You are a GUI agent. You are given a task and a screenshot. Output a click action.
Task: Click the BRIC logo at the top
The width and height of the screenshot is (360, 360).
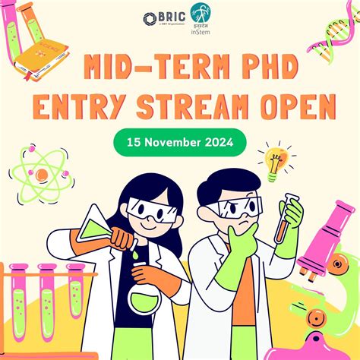(x=162, y=18)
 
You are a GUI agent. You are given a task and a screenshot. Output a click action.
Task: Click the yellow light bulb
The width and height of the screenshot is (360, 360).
(x=276, y=159)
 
